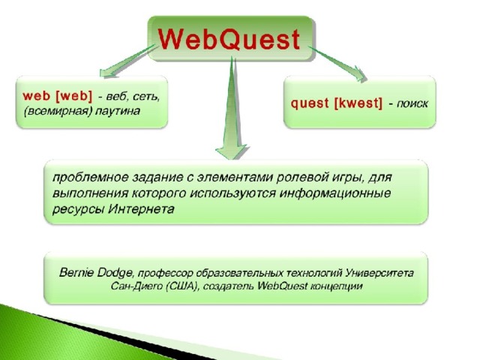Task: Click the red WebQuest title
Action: pyautogui.click(x=229, y=39)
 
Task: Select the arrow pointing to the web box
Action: pyautogui.click(x=128, y=61)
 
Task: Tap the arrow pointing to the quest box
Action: pyautogui.click(x=337, y=64)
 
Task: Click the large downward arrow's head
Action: pyautogui.click(x=232, y=151)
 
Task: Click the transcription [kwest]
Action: pyautogui.click(x=358, y=103)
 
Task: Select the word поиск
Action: pyautogui.click(x=412, y=104)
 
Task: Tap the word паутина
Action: pyautogui.click(x=118, y=111)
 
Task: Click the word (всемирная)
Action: pyautogui.click(x=58, y=111)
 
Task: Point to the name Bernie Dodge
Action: pyautogui.click(x=96, y=273)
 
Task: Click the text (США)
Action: pyautogui.click(x=183, y=286)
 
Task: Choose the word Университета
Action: pyautogui.click(x=379, y=272)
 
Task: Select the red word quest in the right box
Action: pyautogui.click(x=310, y=103)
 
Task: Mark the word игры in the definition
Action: pyautogui.click(x=347, y=178)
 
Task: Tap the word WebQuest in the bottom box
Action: pyautogui.click(x=282, y=286)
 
